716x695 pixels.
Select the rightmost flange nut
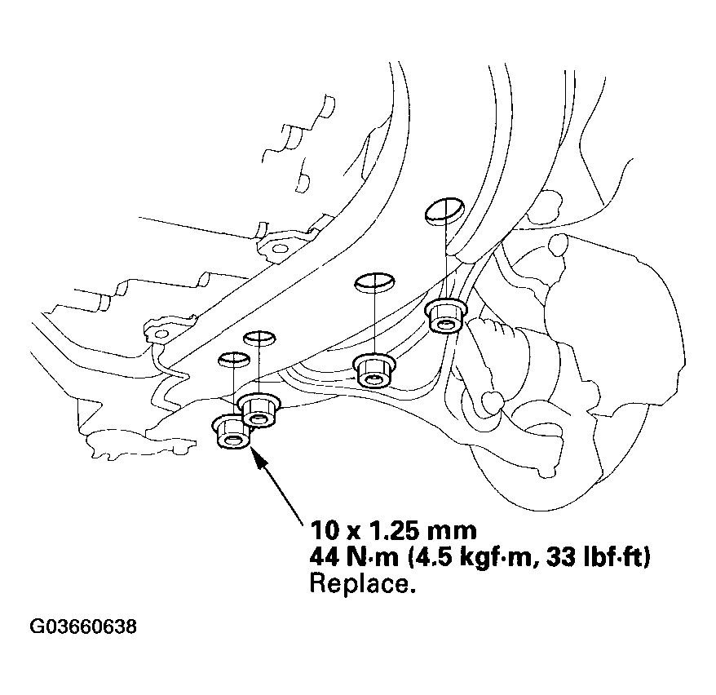(x=444, y=316)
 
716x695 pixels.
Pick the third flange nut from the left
(x=373, y=370)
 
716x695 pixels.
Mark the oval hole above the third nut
(x=374, y=282)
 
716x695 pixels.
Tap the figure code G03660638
(x=82, y=627)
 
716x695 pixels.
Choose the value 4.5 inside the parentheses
(x=435, y=558)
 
